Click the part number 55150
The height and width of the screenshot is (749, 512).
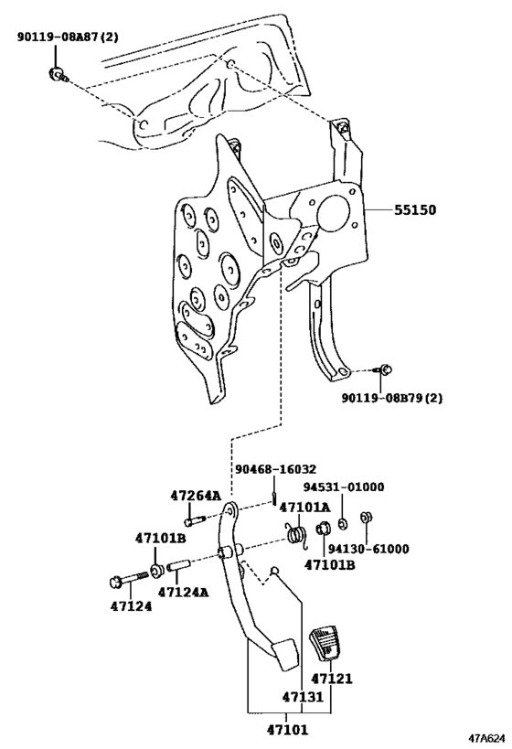(415, 209)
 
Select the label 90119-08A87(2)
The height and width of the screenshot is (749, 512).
(68, 37)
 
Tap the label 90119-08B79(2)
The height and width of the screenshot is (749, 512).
(391, 398)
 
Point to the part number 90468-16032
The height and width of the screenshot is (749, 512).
(275, 469)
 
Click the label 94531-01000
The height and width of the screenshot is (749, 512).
(344, 487)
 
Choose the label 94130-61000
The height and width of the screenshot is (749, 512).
(368, 549)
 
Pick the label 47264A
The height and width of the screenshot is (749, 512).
(196, 496)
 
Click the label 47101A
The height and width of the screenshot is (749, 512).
(304, 508)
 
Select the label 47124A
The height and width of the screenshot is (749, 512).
(184, 593)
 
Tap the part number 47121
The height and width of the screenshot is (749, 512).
(332, 679)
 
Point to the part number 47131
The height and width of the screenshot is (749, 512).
(303, 697)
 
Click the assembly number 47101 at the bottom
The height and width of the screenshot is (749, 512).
(287, 730)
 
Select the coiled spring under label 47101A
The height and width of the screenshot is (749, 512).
(297, 535)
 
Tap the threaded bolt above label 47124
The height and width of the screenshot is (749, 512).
(128, 580)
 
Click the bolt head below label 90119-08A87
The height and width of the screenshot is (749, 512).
(58, 75)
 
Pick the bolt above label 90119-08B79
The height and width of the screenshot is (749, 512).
(385, 369)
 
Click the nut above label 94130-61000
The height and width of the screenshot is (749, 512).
(367, 518)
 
